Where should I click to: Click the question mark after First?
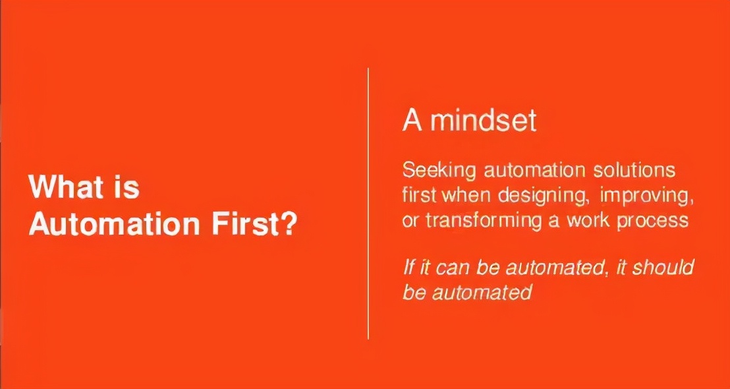(x=288, y=224)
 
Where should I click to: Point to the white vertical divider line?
(x=368, y=203)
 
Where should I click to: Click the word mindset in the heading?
(x=483, y=121)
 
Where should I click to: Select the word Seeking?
(x=439, y=171)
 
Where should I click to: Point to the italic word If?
(x=408, y=268)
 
